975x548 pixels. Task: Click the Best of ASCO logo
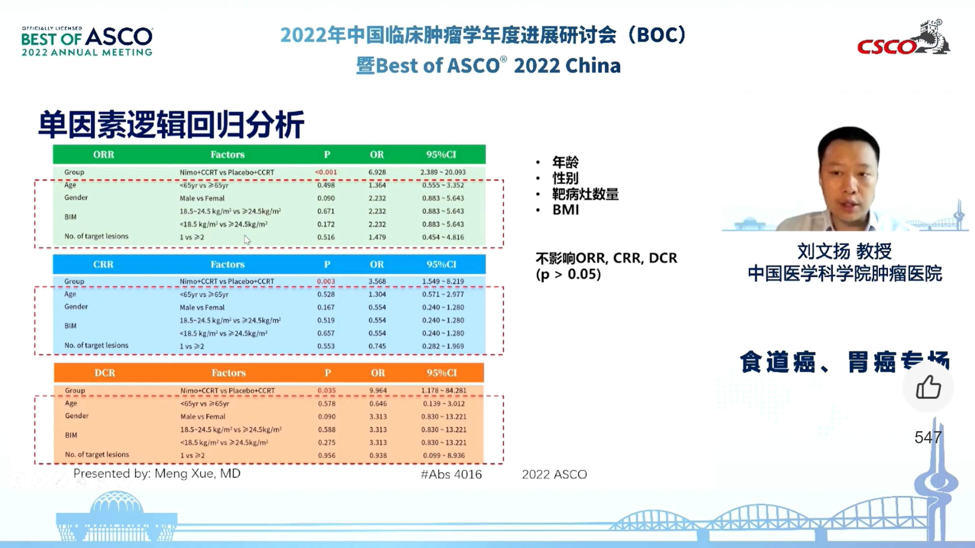point(87,41)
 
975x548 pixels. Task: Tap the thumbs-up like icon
point(928,387)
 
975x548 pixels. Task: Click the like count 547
point(928,437)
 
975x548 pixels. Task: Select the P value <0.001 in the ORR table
point(326,172)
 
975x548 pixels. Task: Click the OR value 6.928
point(377,172)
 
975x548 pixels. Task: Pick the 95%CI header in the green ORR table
point(441,154)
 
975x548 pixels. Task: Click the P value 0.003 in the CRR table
point(326,281)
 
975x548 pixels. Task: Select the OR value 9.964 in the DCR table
point(378,390)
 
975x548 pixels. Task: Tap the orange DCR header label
point(105,373)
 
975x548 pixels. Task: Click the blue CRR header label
point(103,264)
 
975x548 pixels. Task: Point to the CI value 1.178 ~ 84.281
point(444,390)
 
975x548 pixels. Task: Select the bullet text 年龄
point(565,162)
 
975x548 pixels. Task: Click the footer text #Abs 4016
point(451,474)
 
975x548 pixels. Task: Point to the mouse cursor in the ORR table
point(247,240)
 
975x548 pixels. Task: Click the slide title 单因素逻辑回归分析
point(171,124)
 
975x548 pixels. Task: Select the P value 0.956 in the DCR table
point(327,455)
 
